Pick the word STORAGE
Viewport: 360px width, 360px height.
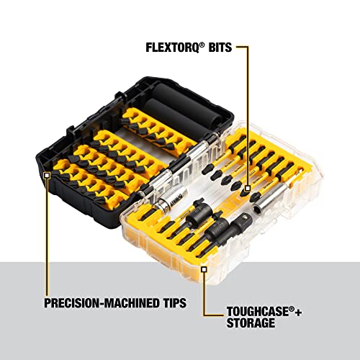click(244, 324)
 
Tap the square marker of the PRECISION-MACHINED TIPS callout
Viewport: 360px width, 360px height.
click(47, 175)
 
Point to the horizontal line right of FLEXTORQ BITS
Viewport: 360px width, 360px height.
click(242, 49)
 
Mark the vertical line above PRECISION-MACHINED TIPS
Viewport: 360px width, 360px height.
click(47, 238)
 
